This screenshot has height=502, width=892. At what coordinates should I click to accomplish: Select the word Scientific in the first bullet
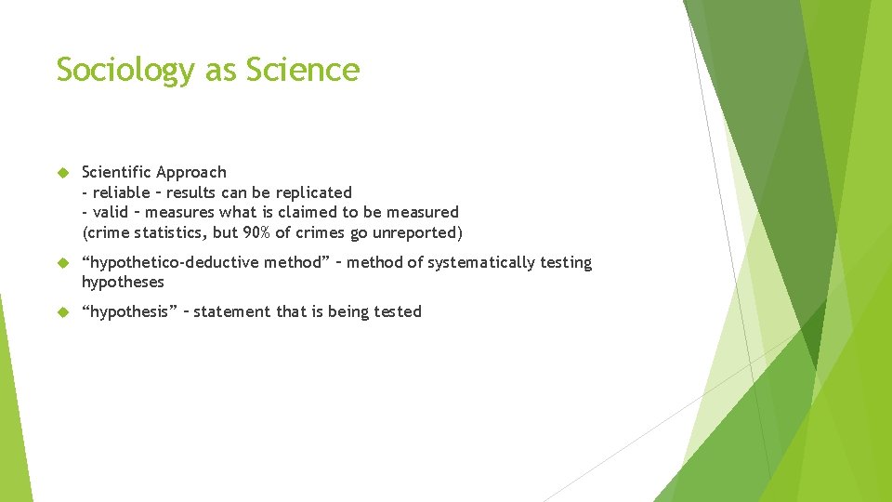116,172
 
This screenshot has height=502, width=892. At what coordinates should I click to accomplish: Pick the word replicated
314,193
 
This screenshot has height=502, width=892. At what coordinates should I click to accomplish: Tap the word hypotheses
123,282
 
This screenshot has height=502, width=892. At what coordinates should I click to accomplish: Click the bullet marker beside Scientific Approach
63,173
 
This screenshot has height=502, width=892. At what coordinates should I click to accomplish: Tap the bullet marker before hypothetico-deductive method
63,263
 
